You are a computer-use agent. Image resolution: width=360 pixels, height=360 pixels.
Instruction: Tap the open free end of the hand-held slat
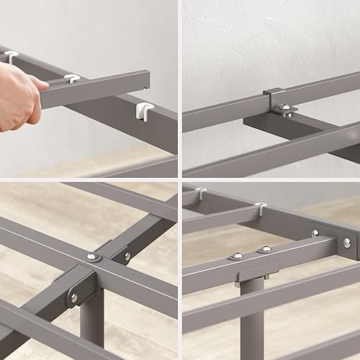(147, 78)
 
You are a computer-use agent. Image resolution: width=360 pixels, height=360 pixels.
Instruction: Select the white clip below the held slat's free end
(144, 110)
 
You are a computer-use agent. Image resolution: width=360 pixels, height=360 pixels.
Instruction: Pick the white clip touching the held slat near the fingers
(71, 77)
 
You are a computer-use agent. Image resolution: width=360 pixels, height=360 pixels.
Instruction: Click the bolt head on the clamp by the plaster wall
(286, 109)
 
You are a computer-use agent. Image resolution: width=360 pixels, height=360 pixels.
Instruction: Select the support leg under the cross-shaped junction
(91, 324)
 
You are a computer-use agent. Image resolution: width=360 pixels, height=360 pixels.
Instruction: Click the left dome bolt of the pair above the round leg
(238, 256)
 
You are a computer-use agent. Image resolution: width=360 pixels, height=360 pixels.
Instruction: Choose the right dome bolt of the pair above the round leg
(265, 250)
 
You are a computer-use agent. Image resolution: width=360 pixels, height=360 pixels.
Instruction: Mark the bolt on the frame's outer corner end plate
(346, 243)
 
